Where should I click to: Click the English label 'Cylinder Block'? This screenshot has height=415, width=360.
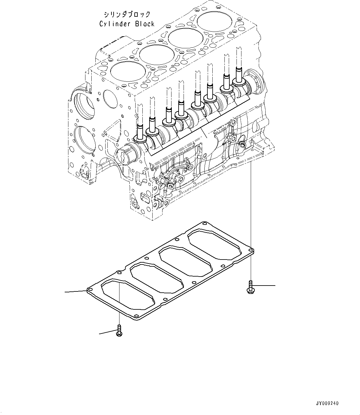127,24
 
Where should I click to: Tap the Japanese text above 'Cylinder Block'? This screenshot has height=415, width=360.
127,14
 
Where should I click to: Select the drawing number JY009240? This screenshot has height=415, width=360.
327,403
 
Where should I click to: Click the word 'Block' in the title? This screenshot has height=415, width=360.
144,24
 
